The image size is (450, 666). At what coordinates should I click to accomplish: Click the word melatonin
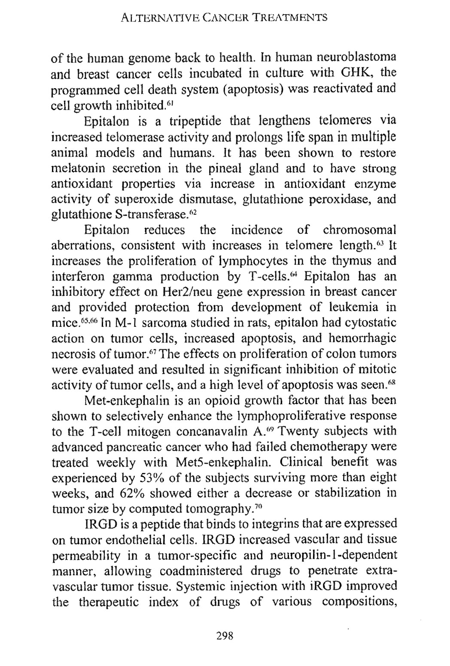(x=79, y=168)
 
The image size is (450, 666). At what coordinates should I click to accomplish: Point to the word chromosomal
(x=360, y=230)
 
